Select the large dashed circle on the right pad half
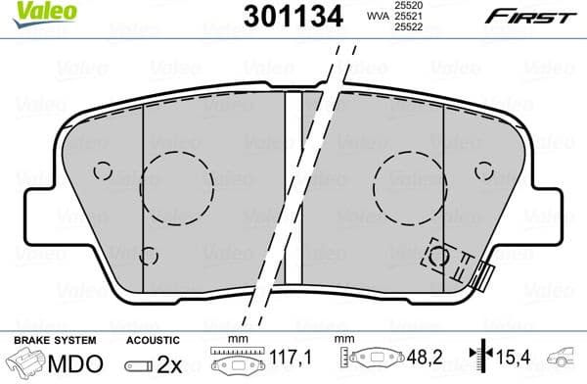click(409, 181)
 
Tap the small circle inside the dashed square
click(440, 258)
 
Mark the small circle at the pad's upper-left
click(103, 170)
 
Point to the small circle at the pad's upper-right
click(482, 170)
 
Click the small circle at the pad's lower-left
click(148, 257)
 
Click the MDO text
click(72, 363)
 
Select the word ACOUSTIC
click(152, 339)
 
